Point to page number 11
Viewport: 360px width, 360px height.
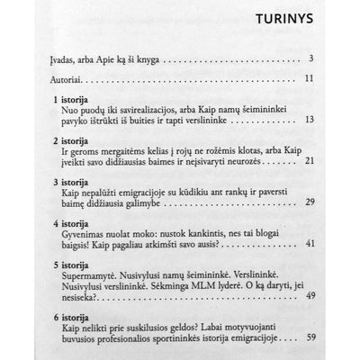332,81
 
